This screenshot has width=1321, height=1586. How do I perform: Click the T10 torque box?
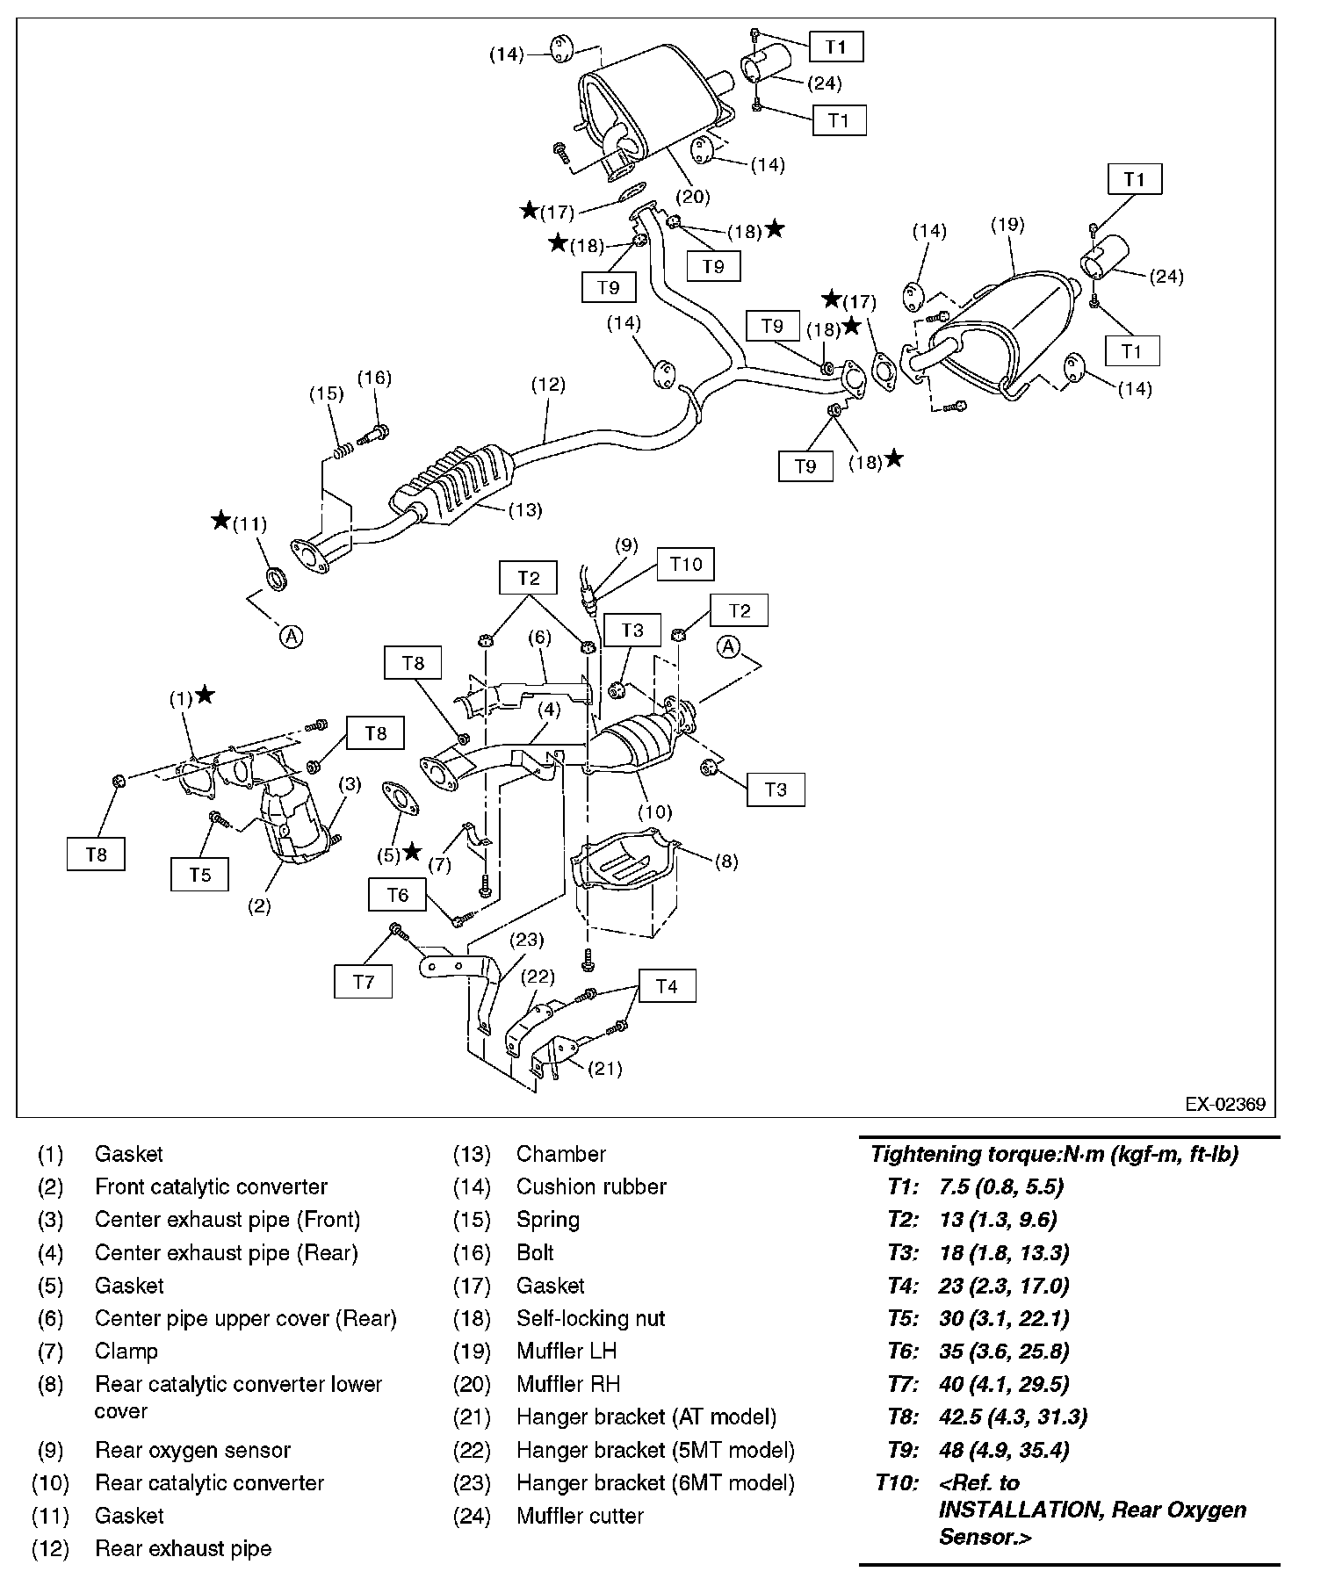[x=686, y=564]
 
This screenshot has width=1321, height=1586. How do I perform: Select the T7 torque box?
[x=363, y=982]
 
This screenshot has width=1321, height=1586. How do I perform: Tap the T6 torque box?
[x=397, y=895]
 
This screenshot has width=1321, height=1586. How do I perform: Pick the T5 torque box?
[x=200, y=875]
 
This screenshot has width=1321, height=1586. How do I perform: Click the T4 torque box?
[x=667, y=986]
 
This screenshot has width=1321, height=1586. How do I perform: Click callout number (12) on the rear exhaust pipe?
[x=547, y=385]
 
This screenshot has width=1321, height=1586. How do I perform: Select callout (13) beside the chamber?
[x=524, y=509]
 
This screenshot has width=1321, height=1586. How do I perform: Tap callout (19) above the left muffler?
[x=1007, y=225]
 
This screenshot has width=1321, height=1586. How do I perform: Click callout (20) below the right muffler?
[x=693, y=197]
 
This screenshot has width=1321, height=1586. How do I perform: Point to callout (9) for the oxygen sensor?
[x=626, y=545]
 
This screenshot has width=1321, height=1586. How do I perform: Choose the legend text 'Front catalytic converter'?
[x=211, y=1187]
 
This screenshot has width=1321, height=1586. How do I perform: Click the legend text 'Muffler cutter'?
[x=580, y=1516]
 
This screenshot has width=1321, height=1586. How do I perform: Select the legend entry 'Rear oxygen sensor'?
[x=192, y=1450]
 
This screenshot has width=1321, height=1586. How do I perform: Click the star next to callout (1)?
[x=205, y=696]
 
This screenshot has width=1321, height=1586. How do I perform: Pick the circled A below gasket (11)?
[x=292, y=636]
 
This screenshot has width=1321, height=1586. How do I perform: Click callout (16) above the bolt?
[x=374, y=378]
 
